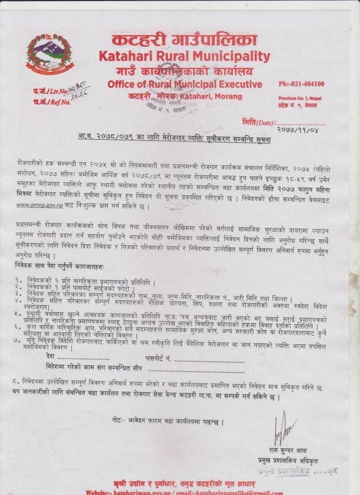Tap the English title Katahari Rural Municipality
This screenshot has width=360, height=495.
coord(184,56)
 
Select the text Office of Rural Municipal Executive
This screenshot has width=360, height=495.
coord(184,84)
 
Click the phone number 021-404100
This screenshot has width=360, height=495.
coord(301,84)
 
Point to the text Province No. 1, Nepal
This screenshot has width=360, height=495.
coord(300,97)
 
